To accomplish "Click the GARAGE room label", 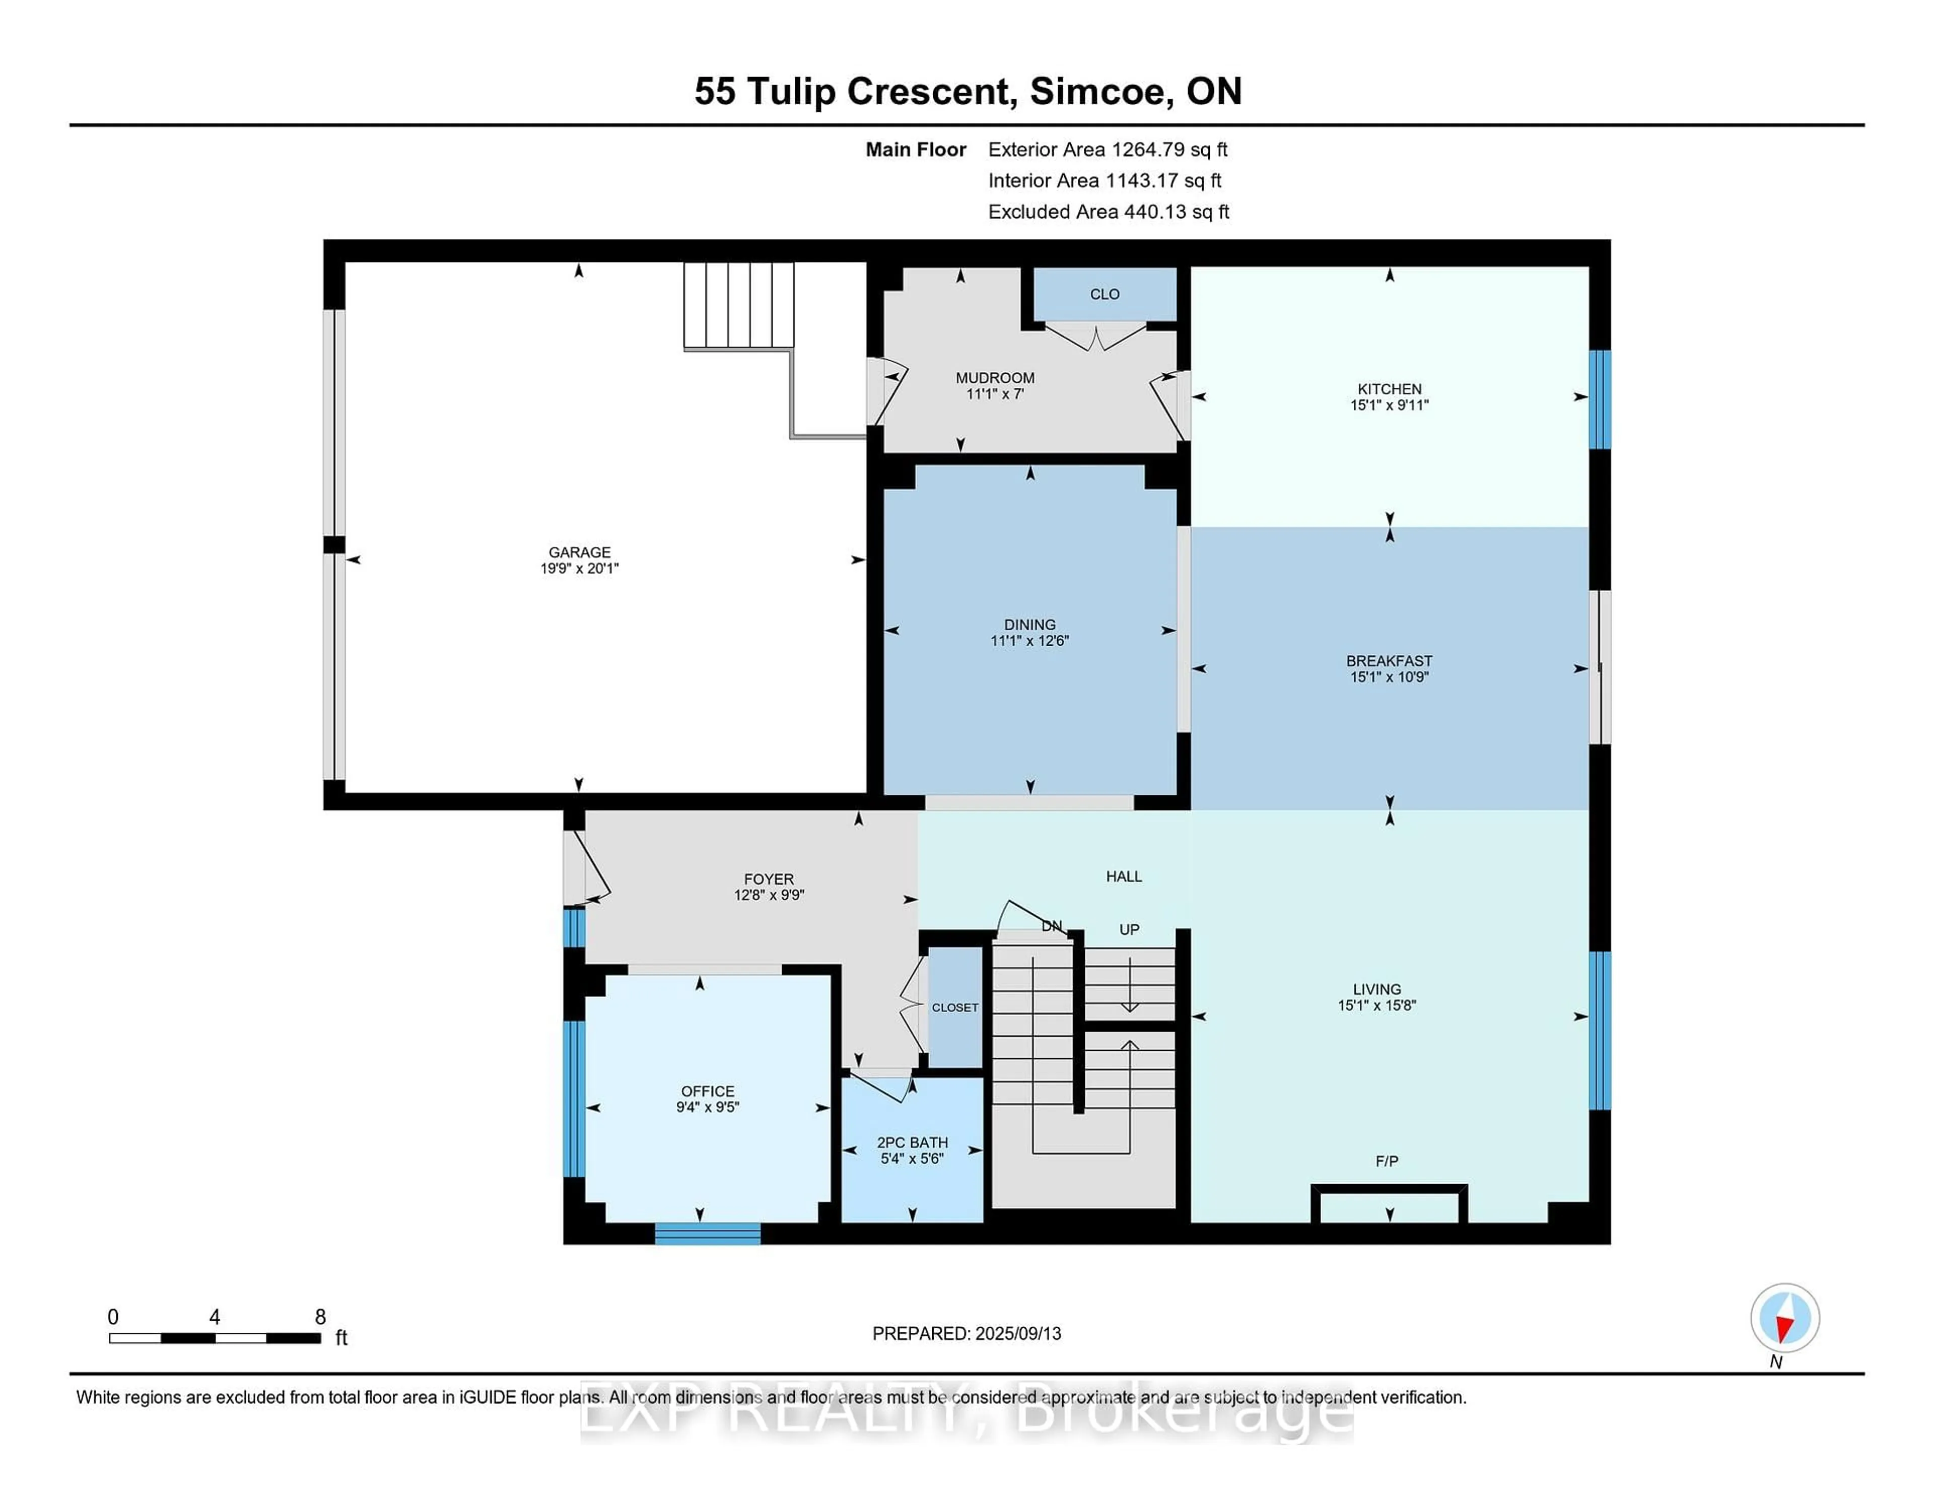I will point(579,552).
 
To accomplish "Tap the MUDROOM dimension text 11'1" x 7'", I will point(995,394).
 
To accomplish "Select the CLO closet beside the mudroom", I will point(1104,294).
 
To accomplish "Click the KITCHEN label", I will point(1390,389).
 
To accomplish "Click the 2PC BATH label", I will point(912,1142).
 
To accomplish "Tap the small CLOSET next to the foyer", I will point(954,1008).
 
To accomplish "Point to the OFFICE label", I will point(708,1091).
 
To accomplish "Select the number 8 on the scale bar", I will point(320,1317).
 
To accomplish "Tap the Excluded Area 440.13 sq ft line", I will point(1108,212).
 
